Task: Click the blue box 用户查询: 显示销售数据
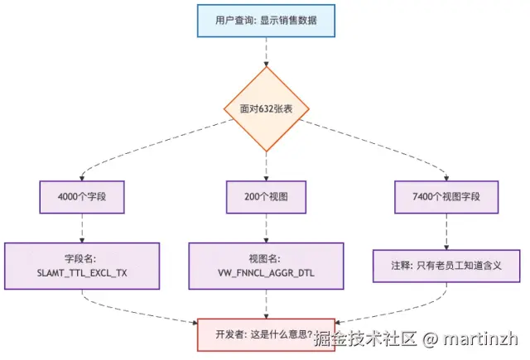click(x=265, y=21)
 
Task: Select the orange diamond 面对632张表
click(x=265, y=108)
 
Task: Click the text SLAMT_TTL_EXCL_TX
click(x=81, y=272)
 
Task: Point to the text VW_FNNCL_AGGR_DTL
click(x=265, y=272)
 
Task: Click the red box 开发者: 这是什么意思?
click(x=265, y=334)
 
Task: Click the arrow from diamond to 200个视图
click(x=265, y=166)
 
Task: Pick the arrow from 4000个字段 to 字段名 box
click(x=81, y=228)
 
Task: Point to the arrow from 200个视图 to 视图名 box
click(x=265, y=228)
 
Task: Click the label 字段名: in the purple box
click(x=81, y=257)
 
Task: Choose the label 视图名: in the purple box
click(x=265, y=257)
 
